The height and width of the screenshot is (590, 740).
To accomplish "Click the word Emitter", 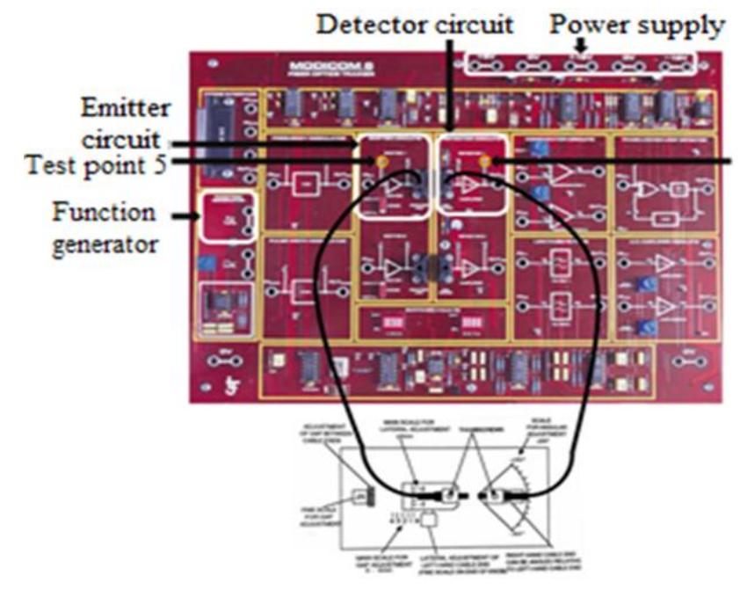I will click(x=120, y=110).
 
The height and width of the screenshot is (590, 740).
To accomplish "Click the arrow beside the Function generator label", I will click(x=184, y=215).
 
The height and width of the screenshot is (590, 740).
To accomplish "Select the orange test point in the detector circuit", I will click(x=484, y=162).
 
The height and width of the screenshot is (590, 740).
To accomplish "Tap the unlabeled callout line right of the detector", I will click(x=615, y=162).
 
